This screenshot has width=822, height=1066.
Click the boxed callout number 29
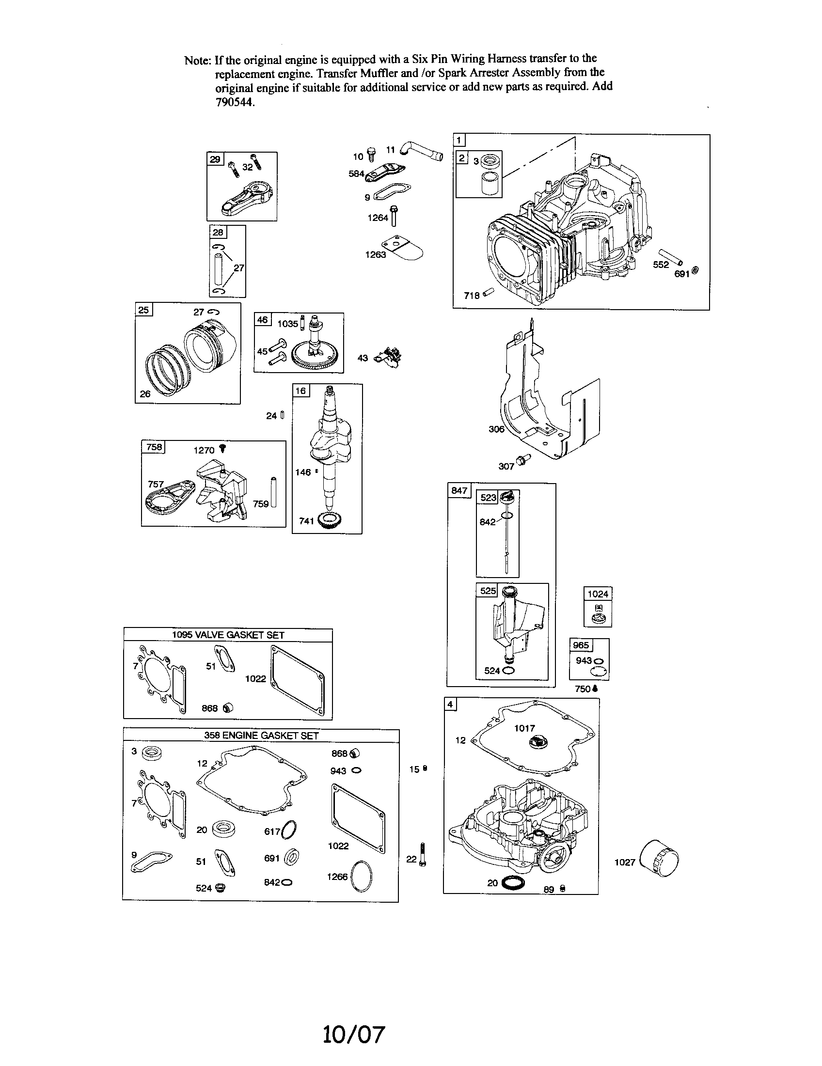point(215,159)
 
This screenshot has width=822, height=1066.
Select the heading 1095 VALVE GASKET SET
point(227,635)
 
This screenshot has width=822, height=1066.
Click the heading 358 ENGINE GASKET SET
point(261,736)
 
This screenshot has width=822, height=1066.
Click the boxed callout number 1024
point(598,594)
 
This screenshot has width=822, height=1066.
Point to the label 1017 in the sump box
point(524,728)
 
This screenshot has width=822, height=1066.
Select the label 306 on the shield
point(496,429)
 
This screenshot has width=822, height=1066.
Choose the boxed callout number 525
point(488,591)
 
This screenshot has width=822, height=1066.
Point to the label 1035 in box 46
point(287,324)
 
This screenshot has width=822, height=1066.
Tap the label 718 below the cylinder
point(472,295)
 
